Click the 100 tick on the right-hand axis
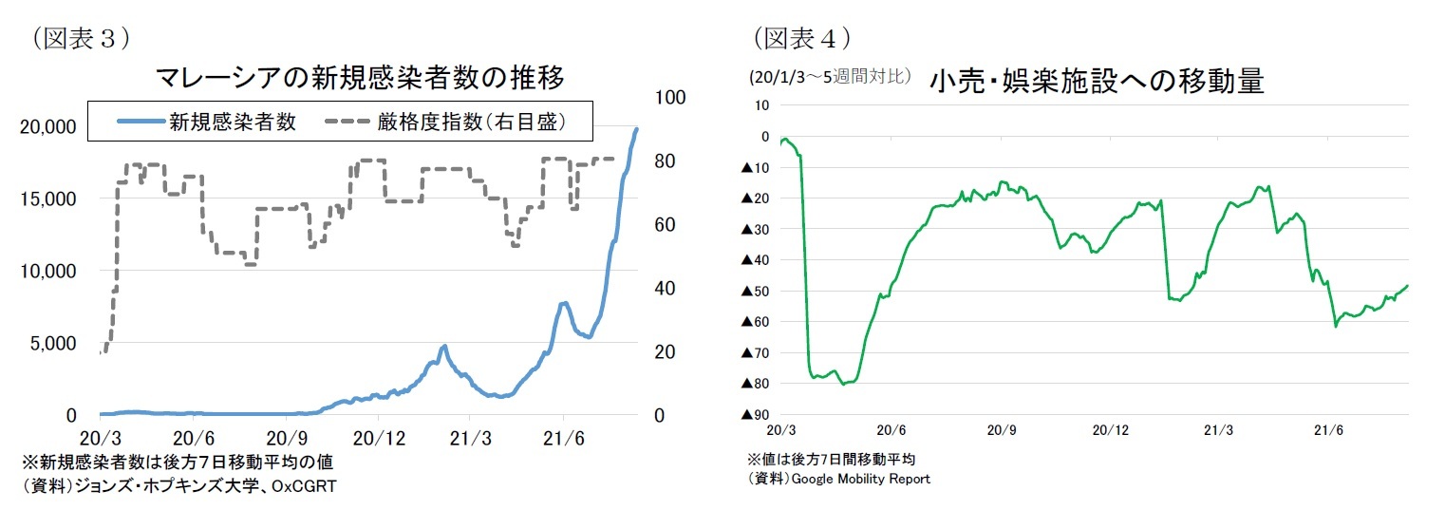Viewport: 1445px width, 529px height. coord(670,97)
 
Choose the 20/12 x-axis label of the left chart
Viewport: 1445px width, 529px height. coord(378,440)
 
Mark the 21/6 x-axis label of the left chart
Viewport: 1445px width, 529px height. coord(563,440)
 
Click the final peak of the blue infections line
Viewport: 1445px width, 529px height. coord(637,129)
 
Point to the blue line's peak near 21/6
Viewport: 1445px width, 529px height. coord(564,303)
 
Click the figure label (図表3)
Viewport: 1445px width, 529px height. coord(80,37)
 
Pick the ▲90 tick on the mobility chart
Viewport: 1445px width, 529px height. coord(756,414)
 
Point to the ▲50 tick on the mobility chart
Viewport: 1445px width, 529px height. coord(756,291)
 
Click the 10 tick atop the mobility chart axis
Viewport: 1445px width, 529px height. coord(761,104)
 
